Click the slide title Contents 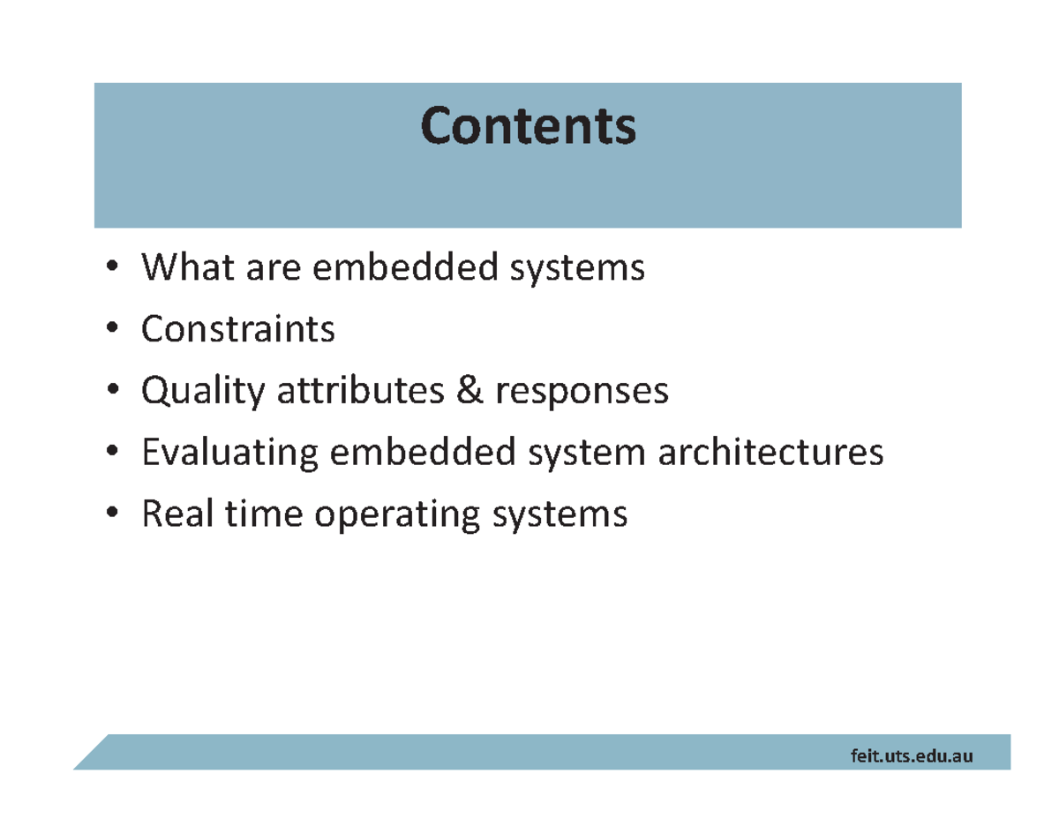(528, 127)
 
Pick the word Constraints (238, 329)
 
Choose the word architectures (770, 453)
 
